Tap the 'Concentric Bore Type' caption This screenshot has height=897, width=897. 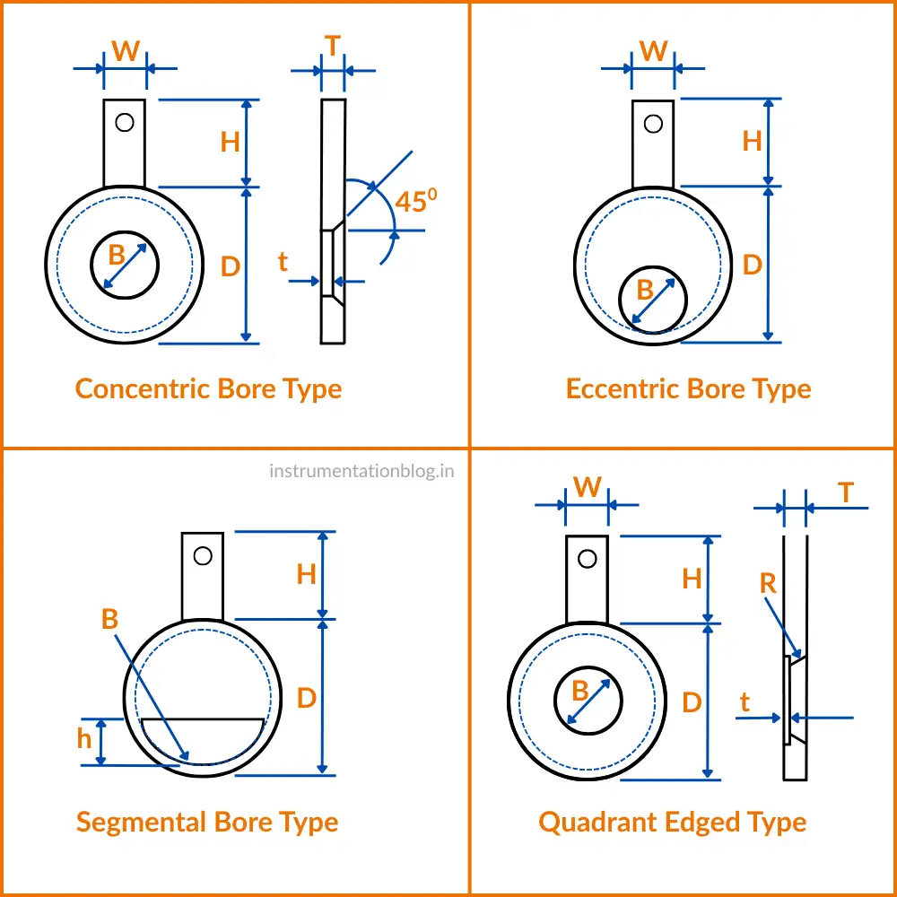[x=208, y=389]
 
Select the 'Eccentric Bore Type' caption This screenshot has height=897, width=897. [x=688, y=389]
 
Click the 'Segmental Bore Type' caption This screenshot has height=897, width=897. [x=207, y=823]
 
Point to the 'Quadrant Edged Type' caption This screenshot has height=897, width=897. [x=672, y=823]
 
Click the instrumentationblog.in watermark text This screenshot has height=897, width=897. [x=361, y=470]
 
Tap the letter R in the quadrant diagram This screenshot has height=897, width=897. [x=768, y=584]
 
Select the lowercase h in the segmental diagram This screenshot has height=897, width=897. [x=84, y=739]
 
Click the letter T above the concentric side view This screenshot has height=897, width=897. [x=333, y=46]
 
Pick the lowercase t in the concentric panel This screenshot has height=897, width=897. [x=283, y=262]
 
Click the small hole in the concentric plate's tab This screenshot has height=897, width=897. [x=125, y=121]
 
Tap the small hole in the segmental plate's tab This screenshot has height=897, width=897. [x=203, y=556]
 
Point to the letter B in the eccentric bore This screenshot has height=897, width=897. [x=645, y=290]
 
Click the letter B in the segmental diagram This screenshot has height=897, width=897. [x=109, y=619]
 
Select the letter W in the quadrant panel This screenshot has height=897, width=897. [x=588, y=487]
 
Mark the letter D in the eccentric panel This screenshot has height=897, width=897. [x=752, y=266]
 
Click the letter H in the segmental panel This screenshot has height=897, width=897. [x=307, y=574]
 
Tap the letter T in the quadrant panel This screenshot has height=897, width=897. [x=845, y=492]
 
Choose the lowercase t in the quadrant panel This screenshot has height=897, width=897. [x=745, y=703]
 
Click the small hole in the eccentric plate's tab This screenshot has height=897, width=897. [x=653, y=123]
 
